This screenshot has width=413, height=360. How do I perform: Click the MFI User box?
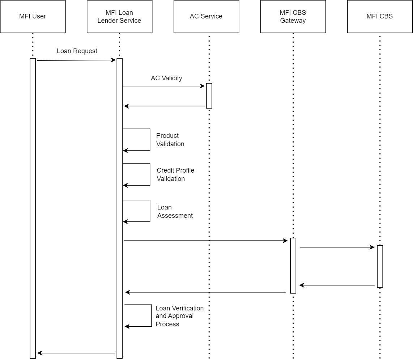tap(33, 16)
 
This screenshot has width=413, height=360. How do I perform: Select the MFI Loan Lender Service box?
tap(120, 16)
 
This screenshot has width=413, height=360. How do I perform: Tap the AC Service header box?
tap(206, 16)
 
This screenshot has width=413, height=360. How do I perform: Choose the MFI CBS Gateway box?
tap(293, 16)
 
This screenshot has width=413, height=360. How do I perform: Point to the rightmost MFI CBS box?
tap(380, 16)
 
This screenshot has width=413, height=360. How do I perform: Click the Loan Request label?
tap(77, 51)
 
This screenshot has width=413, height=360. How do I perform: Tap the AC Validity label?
tap(166, 78)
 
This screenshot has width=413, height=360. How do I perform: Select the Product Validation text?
tap(170, 140)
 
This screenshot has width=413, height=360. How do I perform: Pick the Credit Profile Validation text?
tap(175, 174)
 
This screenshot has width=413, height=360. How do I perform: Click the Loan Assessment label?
tap(175, 211)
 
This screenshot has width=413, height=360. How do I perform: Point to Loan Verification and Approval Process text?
tap(180, 316)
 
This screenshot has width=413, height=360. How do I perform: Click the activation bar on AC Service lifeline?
tap(209, 96)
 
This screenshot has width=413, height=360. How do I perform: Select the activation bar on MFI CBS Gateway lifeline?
tap(293, 266)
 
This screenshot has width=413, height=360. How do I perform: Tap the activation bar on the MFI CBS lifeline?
tap(380, 266)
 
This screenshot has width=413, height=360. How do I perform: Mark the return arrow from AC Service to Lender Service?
tap(165, 106)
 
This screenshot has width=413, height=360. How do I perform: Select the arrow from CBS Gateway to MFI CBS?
tap(337, 247)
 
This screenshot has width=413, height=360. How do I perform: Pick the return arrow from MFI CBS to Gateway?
tap(337, 285)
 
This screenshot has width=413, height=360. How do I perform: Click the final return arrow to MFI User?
tap(76, 353)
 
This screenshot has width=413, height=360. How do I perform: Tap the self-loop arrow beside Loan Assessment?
tap(150, 211)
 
